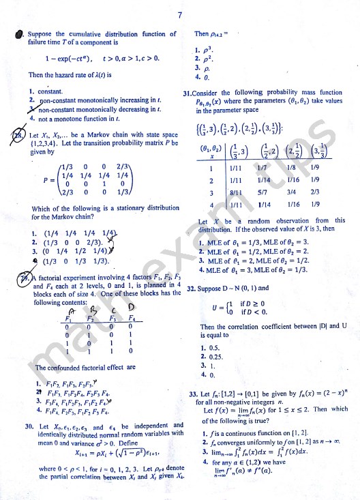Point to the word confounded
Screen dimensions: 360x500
[x=58, y=368]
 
